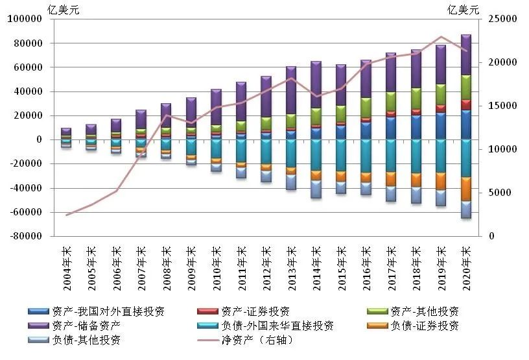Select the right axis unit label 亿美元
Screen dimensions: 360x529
coord(464,8)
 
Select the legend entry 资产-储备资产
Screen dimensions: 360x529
coord(91,326)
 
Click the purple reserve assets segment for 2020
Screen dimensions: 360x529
coord(465,55)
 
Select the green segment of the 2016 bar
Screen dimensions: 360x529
coord(366,107)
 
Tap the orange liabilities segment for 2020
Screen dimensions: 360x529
coord(465,189)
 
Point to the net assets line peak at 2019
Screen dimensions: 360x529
coord(441,37)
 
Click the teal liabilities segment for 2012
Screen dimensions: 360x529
coord(266,152)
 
